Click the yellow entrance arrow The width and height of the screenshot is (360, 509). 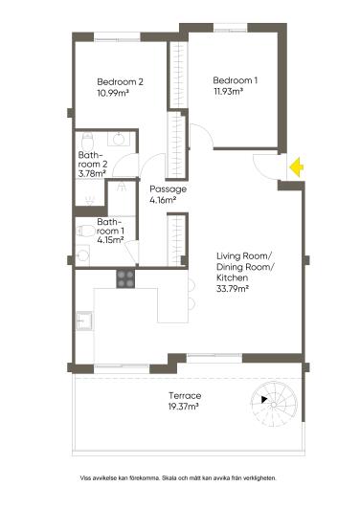(x=298, y=167)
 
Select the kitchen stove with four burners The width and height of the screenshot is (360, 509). (x=125, y=278)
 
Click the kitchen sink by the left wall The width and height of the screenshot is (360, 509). (x=84, y=321)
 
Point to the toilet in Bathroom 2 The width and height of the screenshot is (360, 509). (x=88, y=202)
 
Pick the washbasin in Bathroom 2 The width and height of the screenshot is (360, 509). (x=119, y=139)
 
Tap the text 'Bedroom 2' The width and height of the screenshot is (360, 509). (x=120, y=82)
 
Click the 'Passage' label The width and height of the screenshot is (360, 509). (x=168, y=189)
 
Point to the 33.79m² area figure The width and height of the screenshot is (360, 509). (x=232, y=288)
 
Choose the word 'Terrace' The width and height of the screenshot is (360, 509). (x=184, y=395)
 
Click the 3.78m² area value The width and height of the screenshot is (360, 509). (x=93, y=173)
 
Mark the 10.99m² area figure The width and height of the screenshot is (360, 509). (x=113, y=94)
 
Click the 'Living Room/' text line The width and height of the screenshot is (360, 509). (x=244, y=255)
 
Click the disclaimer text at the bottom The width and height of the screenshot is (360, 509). (x=180, y=476)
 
